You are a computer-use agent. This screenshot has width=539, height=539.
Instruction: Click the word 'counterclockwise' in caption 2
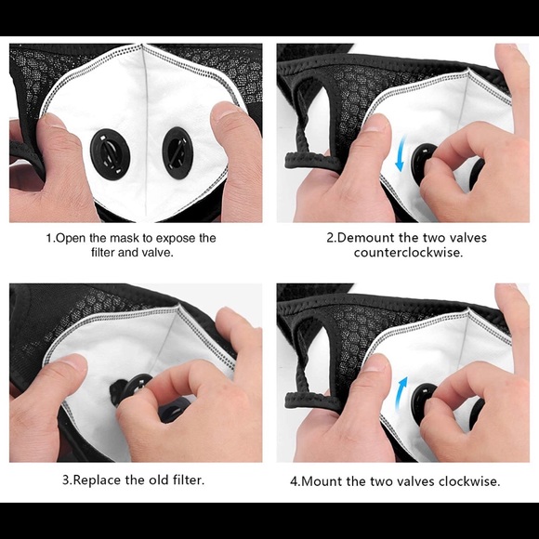coord(408,252)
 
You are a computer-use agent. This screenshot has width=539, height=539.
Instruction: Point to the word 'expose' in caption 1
coord(177,237)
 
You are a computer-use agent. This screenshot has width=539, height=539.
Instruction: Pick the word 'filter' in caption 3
coord(186,480)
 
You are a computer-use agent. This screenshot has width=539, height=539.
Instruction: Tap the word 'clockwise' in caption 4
coord(469,481)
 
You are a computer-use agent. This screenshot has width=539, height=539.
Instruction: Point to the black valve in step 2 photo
coord(424,158)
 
